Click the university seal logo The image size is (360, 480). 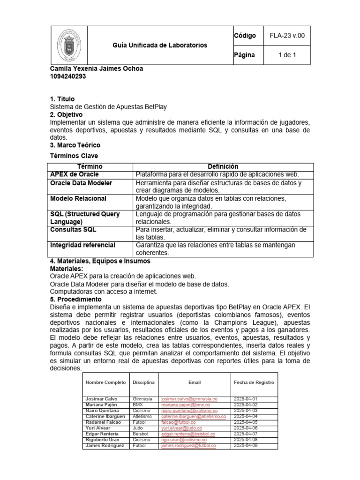(x=68, y=45)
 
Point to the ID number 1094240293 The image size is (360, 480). (x=68, y=77)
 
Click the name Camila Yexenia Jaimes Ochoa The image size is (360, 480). (x=96, y=69)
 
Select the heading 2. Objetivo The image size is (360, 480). (x=66, y=114)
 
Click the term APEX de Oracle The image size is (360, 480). (x=75, y=174)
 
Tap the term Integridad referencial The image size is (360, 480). (x=82, y=245)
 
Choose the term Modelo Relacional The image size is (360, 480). (x=78, y=198)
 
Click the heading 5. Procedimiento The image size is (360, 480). (x=75, y=299)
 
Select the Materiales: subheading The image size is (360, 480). (x=66, y=269)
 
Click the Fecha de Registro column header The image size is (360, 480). (x=254, y=382)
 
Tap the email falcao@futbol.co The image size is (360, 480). (x=179, y=422)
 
